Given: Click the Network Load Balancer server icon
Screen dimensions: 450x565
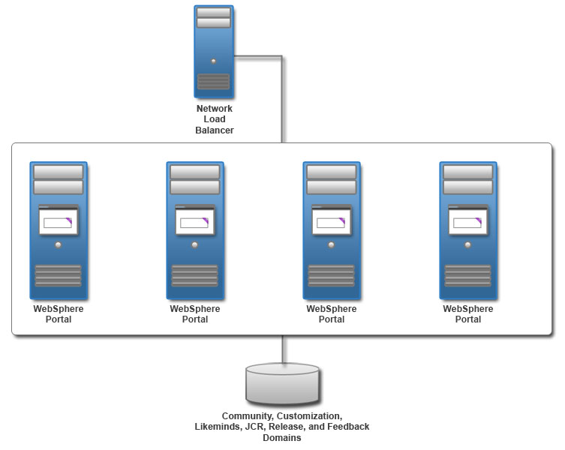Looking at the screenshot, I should pos(214,50).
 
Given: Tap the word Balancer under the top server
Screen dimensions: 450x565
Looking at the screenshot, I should pos(215,130).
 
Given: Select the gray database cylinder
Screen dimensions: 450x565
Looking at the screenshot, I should pos(282,384).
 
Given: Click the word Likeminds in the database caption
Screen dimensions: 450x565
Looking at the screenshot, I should pos(218,427).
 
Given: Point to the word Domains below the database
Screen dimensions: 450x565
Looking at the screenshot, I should pos(282,437).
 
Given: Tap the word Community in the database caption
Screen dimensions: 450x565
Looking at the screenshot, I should pos(248,415).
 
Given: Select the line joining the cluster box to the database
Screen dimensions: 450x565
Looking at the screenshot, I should pos(282,349).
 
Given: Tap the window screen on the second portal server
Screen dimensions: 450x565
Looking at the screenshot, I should pos(195,221).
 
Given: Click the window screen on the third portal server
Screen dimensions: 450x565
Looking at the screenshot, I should pos(332,221).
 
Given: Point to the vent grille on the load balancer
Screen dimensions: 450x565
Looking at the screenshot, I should pos(214,81).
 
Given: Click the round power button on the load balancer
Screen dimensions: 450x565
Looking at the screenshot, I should pos(214,61).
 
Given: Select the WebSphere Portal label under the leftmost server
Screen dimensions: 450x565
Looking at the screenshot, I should pos(59,314).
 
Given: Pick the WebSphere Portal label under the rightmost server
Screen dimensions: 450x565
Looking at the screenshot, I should pos(468,314).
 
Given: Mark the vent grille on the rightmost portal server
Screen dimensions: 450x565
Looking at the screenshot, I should pos(468,275).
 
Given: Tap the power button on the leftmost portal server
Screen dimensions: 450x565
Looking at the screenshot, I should pos(59,244).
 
